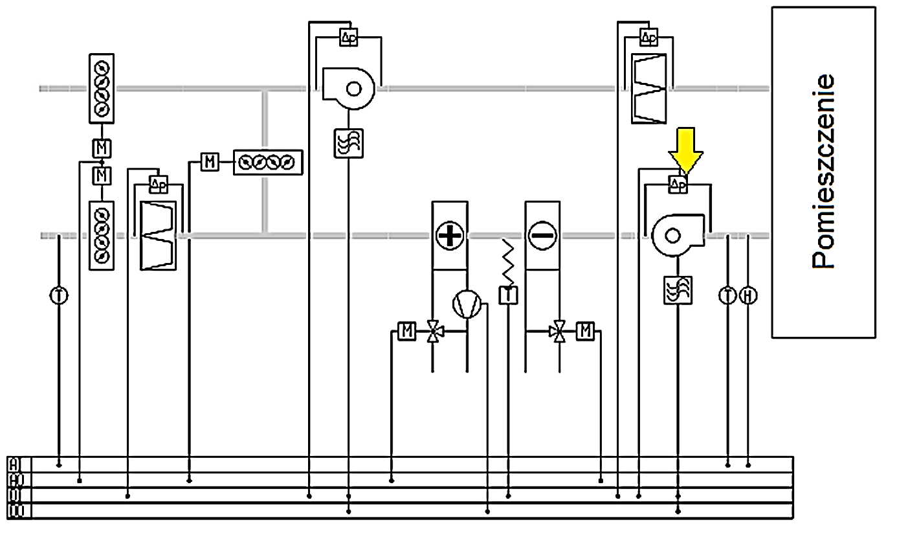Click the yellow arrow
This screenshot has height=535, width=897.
(x=685, y=149)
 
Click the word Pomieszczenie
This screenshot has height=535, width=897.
(x=823, y=172)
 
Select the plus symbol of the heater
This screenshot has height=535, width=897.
(x=449, y=236)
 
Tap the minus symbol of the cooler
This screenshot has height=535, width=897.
(x=542, y=236)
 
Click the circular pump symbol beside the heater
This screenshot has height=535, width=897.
(x=466, y=304)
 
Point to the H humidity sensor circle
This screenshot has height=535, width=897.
(x=748, y=295)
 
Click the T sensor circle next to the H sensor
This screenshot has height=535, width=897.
(x=728, y=295)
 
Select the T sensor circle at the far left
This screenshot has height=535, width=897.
(x=59, y=295)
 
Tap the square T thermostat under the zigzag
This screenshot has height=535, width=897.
(x=508, y=295)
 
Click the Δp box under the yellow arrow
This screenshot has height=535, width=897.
(x=678, y=185)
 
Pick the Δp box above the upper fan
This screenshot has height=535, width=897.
(x=348, y=37)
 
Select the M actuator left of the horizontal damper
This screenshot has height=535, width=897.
(x=209, y=161)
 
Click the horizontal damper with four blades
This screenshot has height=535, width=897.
(x=268, y=161)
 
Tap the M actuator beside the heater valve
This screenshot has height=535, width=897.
(x=407, y=331)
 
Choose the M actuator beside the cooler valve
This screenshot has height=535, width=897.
(x=585, y=331)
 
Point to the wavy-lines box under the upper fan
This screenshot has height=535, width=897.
(x=348, y=143)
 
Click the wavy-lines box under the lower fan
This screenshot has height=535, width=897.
(x=678, y=290)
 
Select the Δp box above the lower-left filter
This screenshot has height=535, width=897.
(x=159, y=185)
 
